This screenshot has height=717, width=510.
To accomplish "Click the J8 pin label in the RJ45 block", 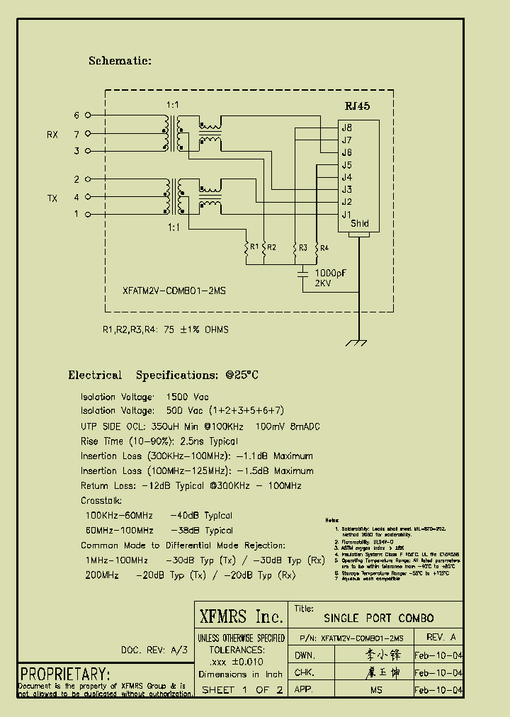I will coord(346,128).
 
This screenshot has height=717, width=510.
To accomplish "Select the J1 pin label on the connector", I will coord(346,214).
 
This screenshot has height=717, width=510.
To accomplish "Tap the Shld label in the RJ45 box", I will coord(360,224).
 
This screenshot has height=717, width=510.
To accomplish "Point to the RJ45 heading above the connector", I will coord(357,106).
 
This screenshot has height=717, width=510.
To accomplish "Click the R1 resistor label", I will coord(253,247).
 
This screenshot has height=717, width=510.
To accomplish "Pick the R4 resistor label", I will coord(324,247).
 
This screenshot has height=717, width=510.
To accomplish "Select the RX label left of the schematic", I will coord(52,135).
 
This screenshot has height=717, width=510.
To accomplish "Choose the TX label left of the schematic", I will coord(52,198).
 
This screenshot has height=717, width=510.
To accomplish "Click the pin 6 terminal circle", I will coord(87,115).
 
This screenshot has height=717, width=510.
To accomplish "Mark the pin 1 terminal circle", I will coord(87,214).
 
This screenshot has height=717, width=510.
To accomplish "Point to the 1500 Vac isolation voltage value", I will coord(187,397).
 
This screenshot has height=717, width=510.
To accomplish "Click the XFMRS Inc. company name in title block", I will coord(241,616).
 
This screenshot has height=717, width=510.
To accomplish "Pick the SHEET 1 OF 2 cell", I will coord(242,689).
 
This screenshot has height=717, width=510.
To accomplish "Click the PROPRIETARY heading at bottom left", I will coord(64,674).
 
